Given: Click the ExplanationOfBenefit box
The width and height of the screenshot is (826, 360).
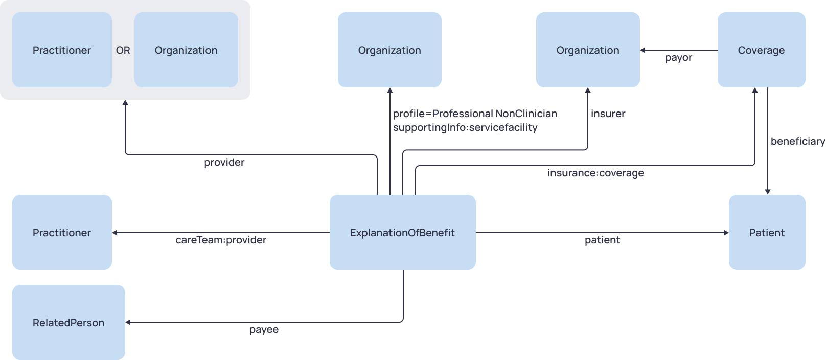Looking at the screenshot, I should click(402, 233).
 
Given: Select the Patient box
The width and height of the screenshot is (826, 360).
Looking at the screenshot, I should click(767, 233).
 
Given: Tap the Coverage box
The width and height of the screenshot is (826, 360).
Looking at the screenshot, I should click(761, 50).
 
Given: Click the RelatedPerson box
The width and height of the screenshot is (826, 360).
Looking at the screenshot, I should click(68, 323).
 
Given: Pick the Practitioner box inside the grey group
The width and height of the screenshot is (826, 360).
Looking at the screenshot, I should click(62, 50).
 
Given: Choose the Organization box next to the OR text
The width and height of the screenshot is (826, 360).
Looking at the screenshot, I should click(186, 50).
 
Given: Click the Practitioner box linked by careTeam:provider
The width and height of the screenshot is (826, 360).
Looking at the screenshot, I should click(62, 233).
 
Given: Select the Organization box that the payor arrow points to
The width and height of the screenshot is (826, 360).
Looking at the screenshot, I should click(588, 50).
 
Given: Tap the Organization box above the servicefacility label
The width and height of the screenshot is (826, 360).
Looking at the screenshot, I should click(389, 50).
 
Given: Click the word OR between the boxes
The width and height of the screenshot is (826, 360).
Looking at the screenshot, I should click(123, 50).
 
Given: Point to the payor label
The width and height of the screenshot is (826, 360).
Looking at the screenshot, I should click(678, 58).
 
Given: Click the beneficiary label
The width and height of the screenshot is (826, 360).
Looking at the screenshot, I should click(797, 141).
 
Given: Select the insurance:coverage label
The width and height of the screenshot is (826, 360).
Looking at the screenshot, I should click(595, 173).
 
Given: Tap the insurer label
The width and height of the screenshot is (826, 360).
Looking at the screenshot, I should click(608, 114).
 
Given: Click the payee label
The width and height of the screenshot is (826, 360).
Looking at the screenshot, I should click(264, 329).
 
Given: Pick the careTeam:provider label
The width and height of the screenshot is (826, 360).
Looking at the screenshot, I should click(221, 240).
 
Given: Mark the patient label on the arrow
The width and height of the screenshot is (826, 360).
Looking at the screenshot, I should click(602, 240).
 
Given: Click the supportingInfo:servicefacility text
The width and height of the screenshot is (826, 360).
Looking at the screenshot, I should click(465, 127).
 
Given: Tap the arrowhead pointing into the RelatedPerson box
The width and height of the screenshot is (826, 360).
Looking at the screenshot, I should click(128, 322).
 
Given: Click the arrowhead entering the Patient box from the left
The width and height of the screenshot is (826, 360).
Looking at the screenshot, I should click(726, 233).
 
